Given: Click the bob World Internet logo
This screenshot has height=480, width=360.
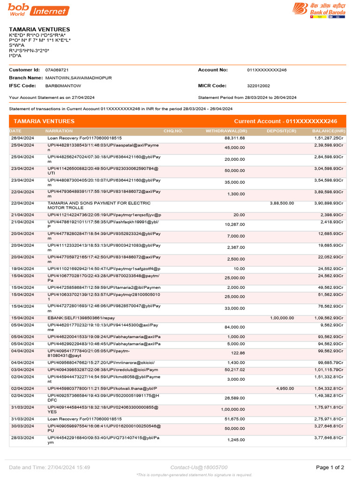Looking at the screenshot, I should [x=38, y=9].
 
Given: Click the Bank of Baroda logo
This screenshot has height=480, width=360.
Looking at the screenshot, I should [x=319, y=10].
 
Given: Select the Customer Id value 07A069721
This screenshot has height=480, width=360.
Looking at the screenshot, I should [x=57, y=70].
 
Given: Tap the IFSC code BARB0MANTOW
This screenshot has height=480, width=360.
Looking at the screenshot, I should [x=63, y=86].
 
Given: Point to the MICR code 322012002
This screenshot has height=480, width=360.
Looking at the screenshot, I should [x=258, y=86].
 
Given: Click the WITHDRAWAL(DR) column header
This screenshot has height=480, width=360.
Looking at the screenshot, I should [x=226, y=131].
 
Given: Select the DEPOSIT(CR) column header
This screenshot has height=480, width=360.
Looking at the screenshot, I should [x=281, y=131].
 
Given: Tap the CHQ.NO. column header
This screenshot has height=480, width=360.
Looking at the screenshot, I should [x=173, y=131].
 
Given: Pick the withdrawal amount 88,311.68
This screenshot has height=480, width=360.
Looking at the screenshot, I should [x=235, y=138].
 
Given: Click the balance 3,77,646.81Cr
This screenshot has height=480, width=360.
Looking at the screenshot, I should [x=329, y=437].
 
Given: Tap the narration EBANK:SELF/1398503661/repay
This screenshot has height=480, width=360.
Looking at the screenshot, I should [x=81, y=318].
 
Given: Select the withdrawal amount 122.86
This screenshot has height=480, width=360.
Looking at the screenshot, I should [x=238, y=353].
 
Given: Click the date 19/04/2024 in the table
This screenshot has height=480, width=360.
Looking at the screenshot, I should [x=22, y=269].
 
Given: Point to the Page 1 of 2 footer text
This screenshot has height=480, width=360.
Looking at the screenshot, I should [x=330, y=467].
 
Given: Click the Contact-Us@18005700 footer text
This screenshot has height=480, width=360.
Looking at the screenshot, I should [x=199, y=467].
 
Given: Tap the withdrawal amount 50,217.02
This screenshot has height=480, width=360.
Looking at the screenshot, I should [x=235, y=370].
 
